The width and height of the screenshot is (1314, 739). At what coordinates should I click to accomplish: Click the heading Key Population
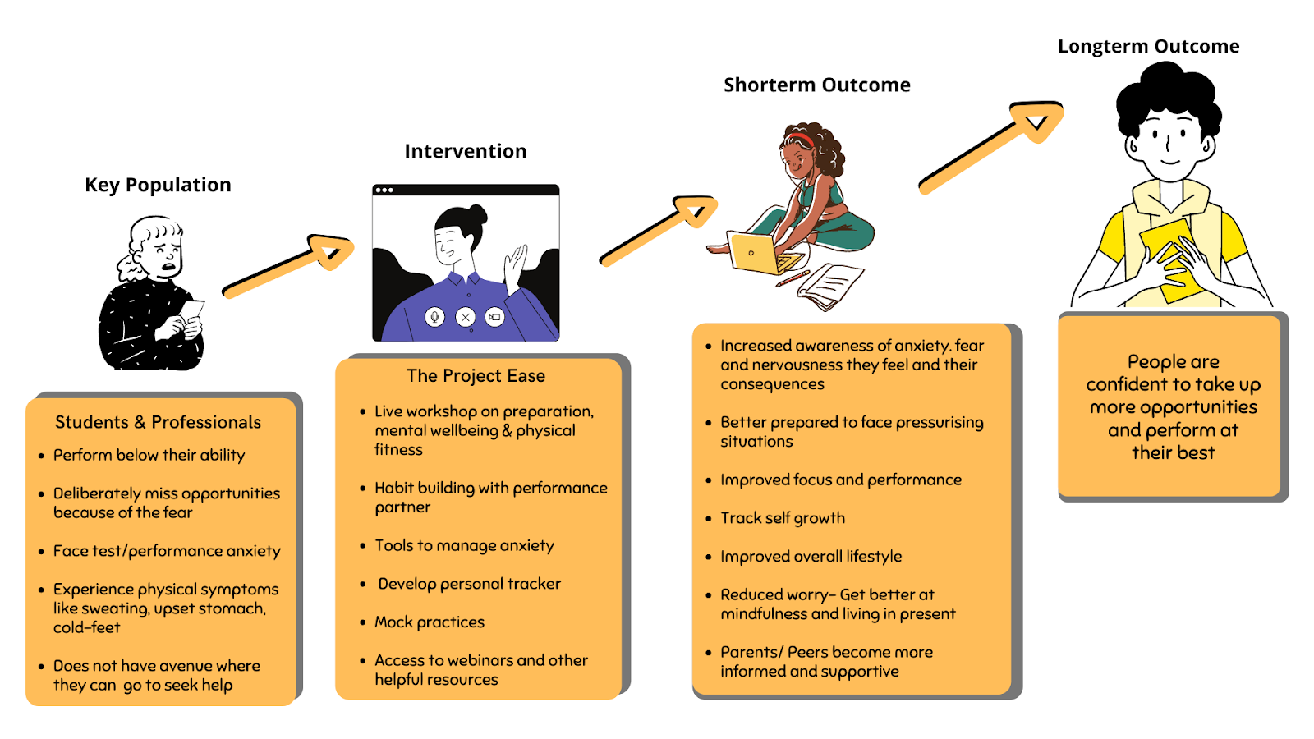coord(158,185)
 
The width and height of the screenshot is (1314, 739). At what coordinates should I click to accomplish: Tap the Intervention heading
coord(465,151)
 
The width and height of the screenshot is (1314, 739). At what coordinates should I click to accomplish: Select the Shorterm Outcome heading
coord(816,85)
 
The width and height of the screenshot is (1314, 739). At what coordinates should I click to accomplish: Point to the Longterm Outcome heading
coord(1148,46)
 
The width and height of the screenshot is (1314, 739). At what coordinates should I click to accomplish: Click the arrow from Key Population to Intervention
coord(287,265)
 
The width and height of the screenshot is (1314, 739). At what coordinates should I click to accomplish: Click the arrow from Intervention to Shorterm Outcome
coord(657,232)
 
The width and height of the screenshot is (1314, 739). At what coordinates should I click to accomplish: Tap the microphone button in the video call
coord(435,317)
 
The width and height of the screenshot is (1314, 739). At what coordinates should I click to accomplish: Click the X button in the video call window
coord(466,317)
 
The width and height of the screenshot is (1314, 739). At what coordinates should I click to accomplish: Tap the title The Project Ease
coord(476,376)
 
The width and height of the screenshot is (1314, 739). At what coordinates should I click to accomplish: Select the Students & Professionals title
coord(158,422)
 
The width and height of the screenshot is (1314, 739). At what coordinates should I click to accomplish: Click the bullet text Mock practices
coord(430,622)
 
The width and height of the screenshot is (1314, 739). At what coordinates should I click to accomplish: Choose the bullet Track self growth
coord(783,518)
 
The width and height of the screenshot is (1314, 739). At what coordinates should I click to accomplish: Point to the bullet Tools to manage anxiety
coord(464,545)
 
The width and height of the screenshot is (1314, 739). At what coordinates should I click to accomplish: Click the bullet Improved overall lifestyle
coord(811,557)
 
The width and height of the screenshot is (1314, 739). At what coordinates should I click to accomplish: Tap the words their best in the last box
coord(1173,452)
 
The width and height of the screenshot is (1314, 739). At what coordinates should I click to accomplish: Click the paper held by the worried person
coord(193,310)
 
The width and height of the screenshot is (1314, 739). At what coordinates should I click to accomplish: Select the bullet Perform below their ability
coord(149,455)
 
